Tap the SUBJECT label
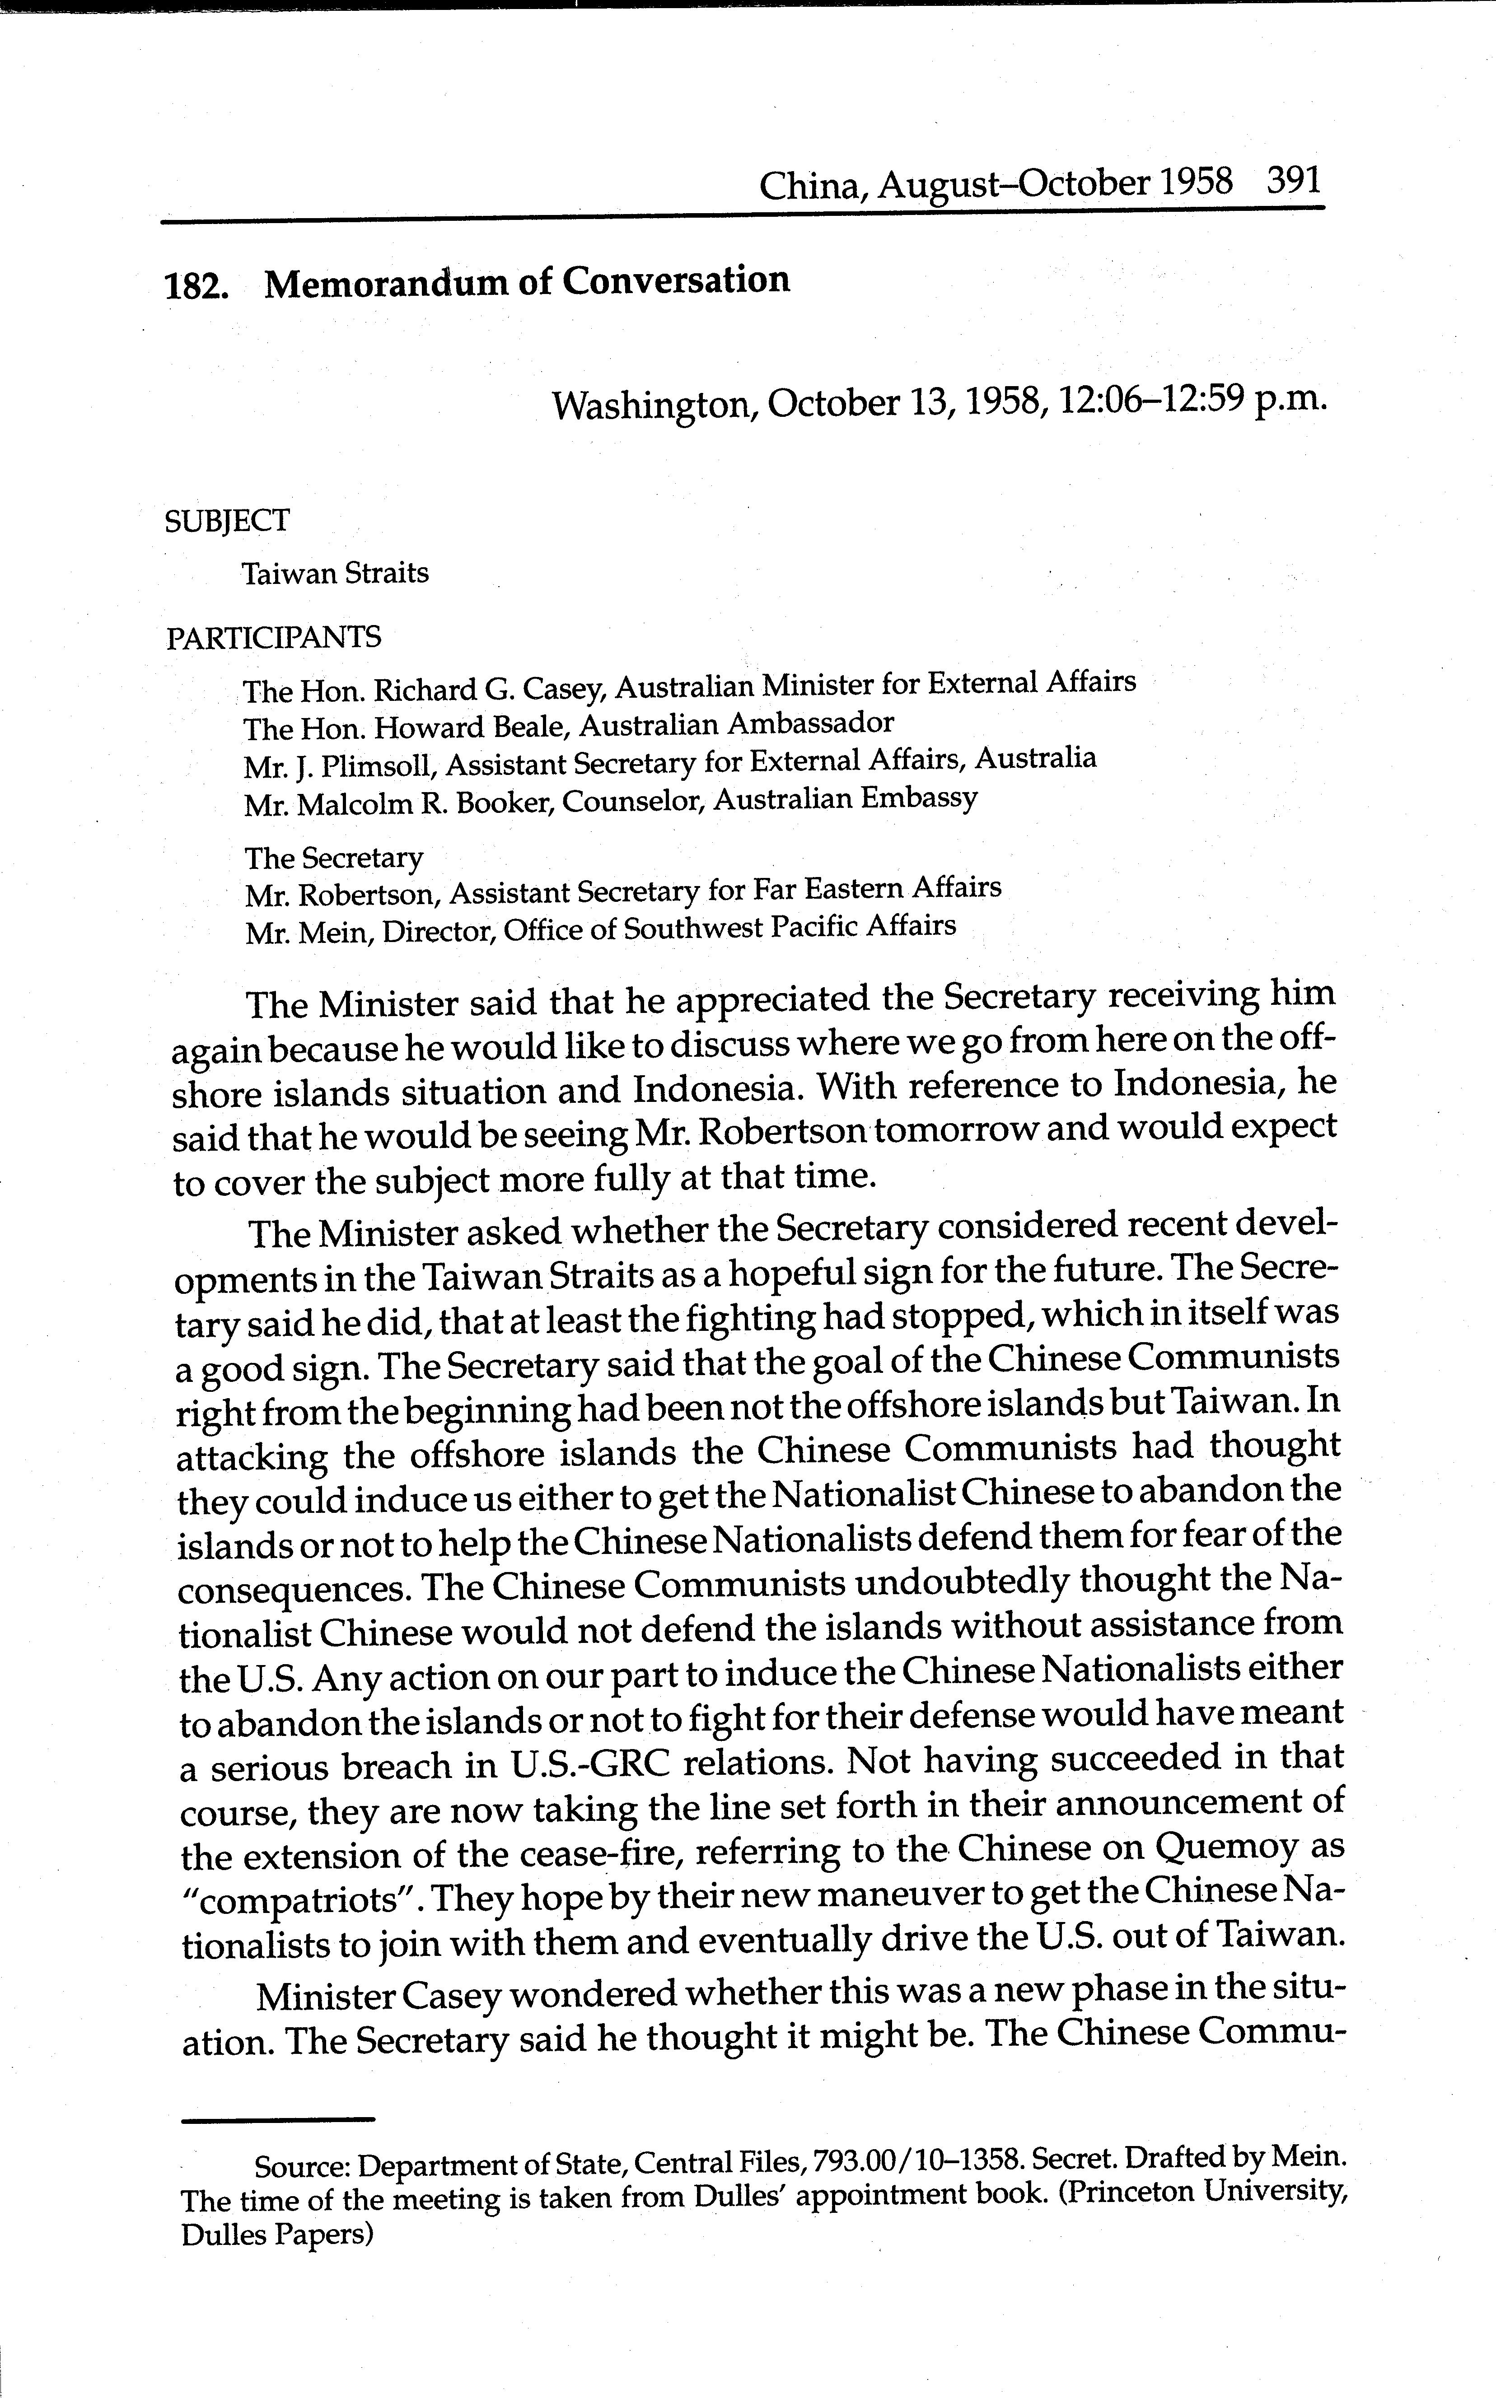tap(228, 520)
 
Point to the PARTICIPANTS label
tap(273, 637)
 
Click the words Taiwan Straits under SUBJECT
tap(336, 574)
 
